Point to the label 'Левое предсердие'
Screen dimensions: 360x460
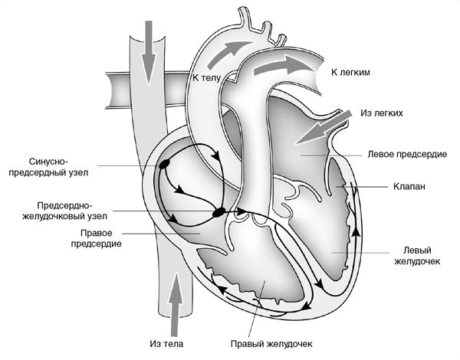406,154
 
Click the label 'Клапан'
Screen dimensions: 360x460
409,186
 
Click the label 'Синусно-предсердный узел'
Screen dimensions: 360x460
58,167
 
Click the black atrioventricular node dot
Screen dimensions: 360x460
219,211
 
